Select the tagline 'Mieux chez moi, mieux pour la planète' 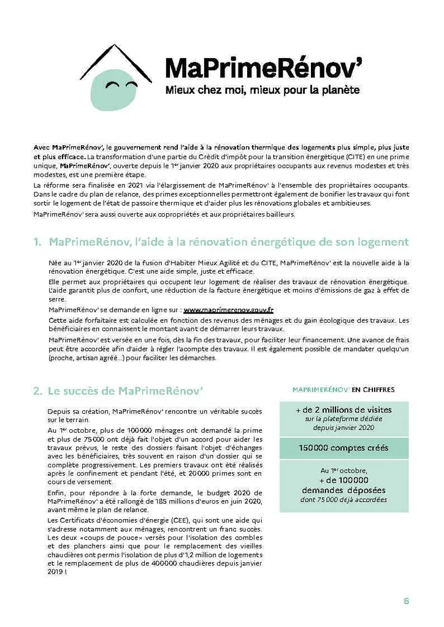point(262,91)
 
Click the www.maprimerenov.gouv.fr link point(228,310)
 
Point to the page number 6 point(406,600)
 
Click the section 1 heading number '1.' point(38,242)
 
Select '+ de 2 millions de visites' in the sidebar point(343,410)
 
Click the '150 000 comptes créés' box point(343,448)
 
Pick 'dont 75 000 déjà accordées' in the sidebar point(343,500)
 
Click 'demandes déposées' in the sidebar point(343,490)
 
